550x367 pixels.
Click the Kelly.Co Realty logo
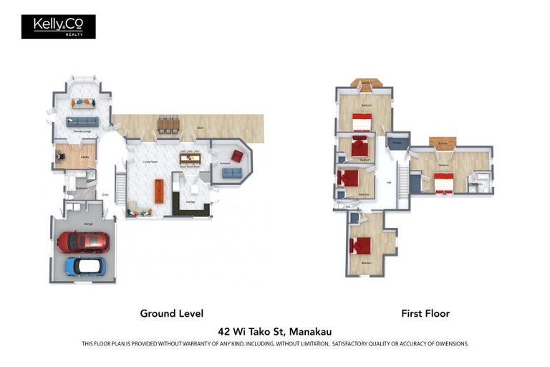58,27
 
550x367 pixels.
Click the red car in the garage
83,242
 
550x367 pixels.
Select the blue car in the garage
85,266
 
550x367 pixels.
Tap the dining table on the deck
168,125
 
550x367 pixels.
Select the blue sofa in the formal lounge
82,122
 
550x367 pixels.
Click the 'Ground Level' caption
171,313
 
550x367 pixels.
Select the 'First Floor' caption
425,313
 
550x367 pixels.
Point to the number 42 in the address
223,331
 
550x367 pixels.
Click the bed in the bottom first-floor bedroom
360,245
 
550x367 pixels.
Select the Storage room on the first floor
397,143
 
